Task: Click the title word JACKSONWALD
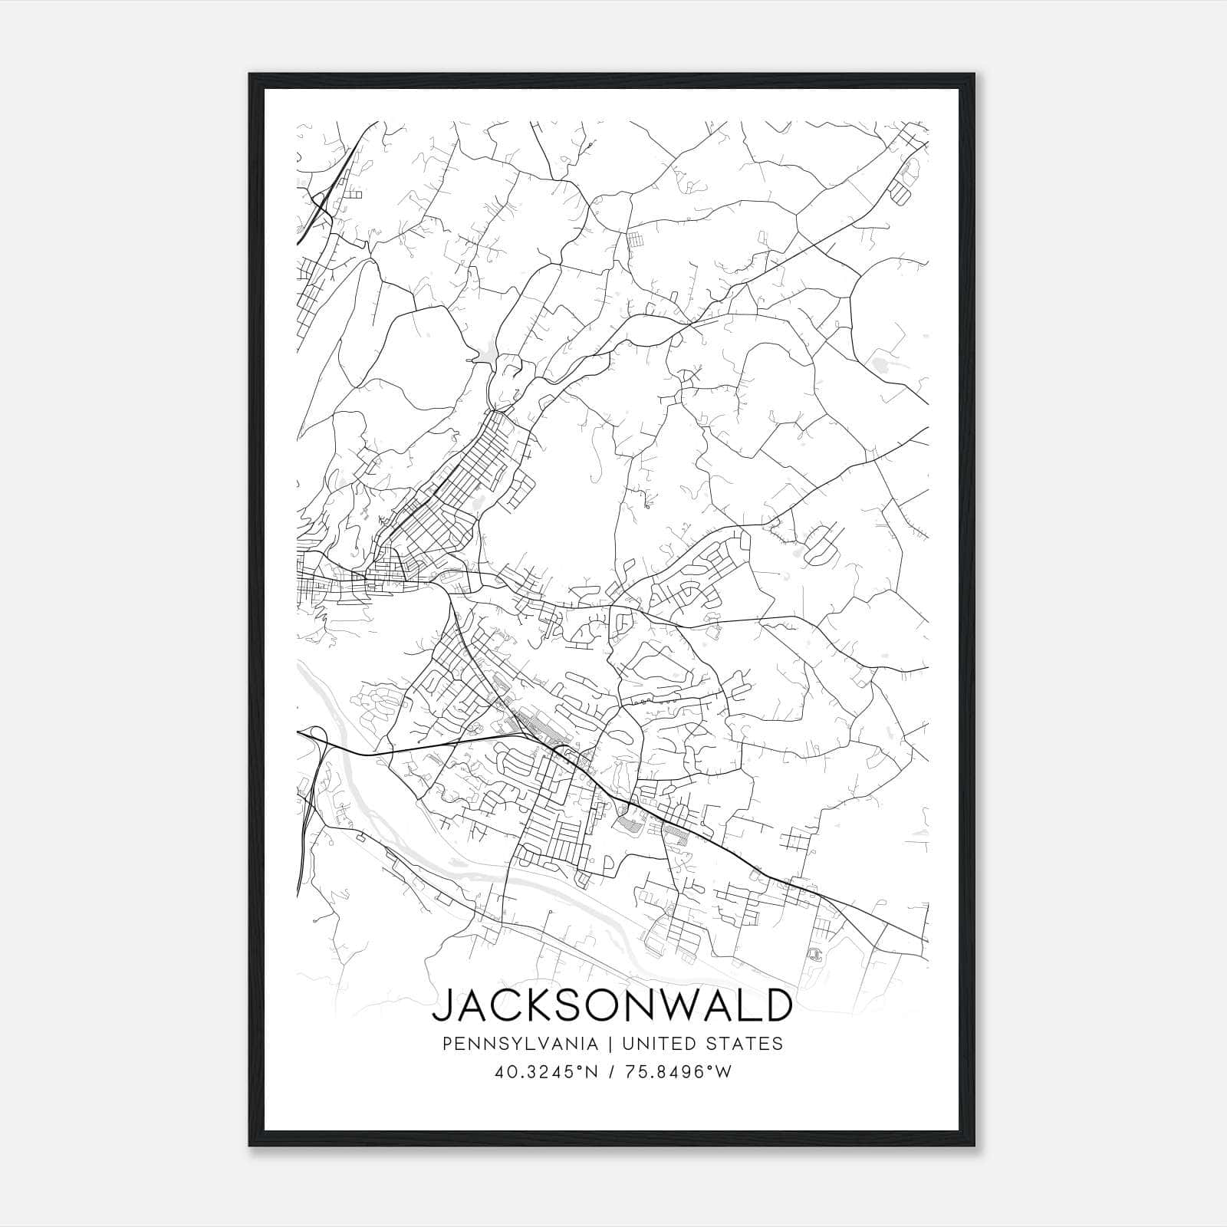pos(612,1005)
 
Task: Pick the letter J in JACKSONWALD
pos(444,1005)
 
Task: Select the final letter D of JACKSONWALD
pos(775,1005)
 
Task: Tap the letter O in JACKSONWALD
pos(605,1005)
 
